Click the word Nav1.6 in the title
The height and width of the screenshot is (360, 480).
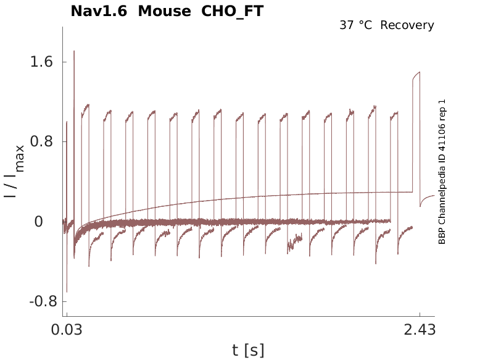tap(100, 11)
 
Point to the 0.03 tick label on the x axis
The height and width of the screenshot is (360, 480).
tap(66, 330)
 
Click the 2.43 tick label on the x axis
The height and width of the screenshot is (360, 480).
tap(420, 330)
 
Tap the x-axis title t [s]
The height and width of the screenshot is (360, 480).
tap(248, 351)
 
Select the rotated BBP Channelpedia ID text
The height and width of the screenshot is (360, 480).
tap(442, 172)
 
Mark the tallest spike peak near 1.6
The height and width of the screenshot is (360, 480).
tap(74, 51)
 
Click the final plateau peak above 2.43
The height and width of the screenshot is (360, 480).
tap(420, 72)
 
